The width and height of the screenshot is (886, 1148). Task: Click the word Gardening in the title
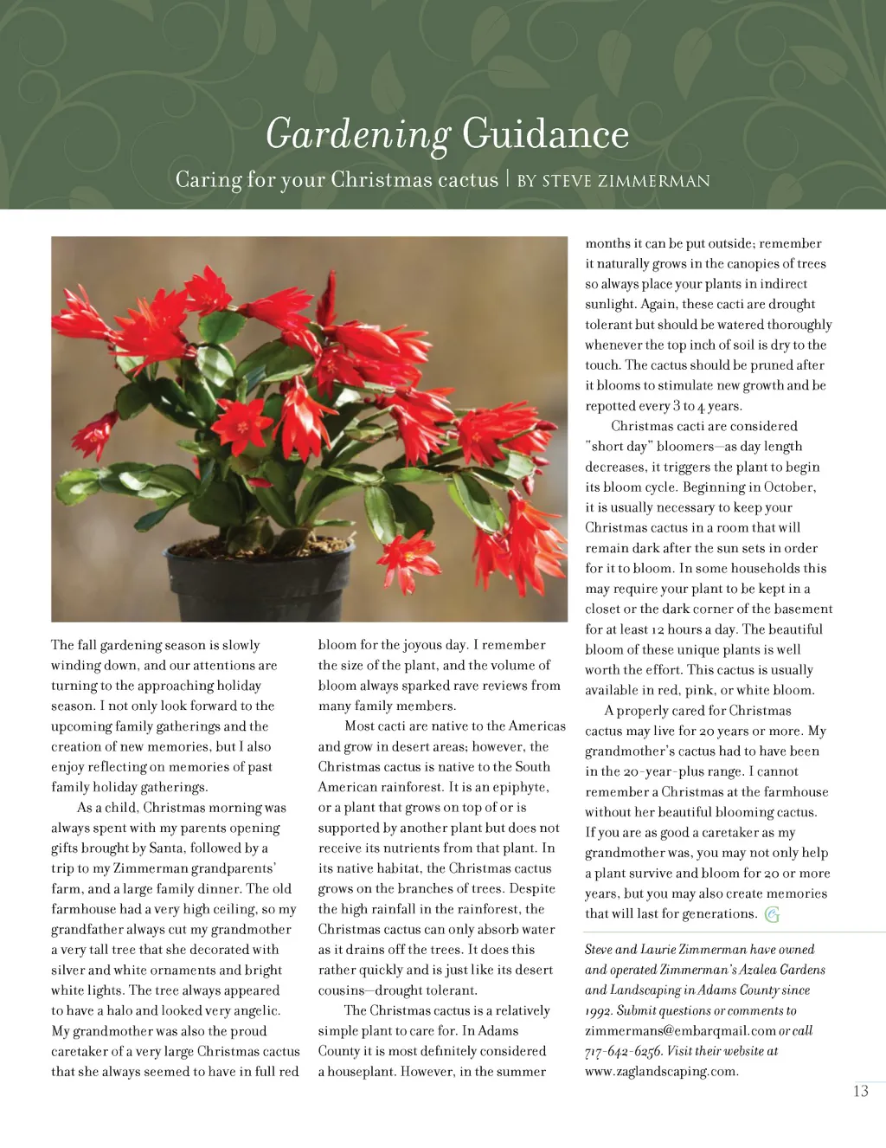tap(357, 135)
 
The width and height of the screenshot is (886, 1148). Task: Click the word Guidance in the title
tap(545, 134)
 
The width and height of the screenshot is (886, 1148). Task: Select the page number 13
tap(860, 1091)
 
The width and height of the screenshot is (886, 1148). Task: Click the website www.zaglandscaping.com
tap(660, 1071)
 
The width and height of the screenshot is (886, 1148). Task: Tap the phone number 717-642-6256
tap(623, 1051)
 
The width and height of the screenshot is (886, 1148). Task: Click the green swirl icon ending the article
tap(772, 914)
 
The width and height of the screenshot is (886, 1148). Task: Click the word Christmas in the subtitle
tap(382, 180)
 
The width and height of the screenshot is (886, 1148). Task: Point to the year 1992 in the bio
tap(599, 1010)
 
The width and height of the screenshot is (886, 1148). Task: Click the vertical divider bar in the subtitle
tap(508, 179)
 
